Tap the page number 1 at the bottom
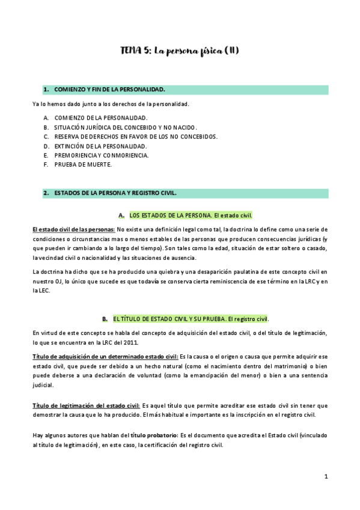(326, 476)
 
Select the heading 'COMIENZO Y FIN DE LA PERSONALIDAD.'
(109, 90)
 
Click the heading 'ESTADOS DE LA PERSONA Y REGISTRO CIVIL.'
(115, 193)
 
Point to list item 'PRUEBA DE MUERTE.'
(83, 164)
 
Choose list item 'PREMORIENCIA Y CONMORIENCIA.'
(101, 155)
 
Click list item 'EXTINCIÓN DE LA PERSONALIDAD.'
(100, 146)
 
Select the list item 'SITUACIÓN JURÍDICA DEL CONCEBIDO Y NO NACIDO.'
(126, 127)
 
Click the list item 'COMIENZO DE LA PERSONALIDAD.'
(100, 118)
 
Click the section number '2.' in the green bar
(46, 193)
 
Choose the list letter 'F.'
(46, 164)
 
